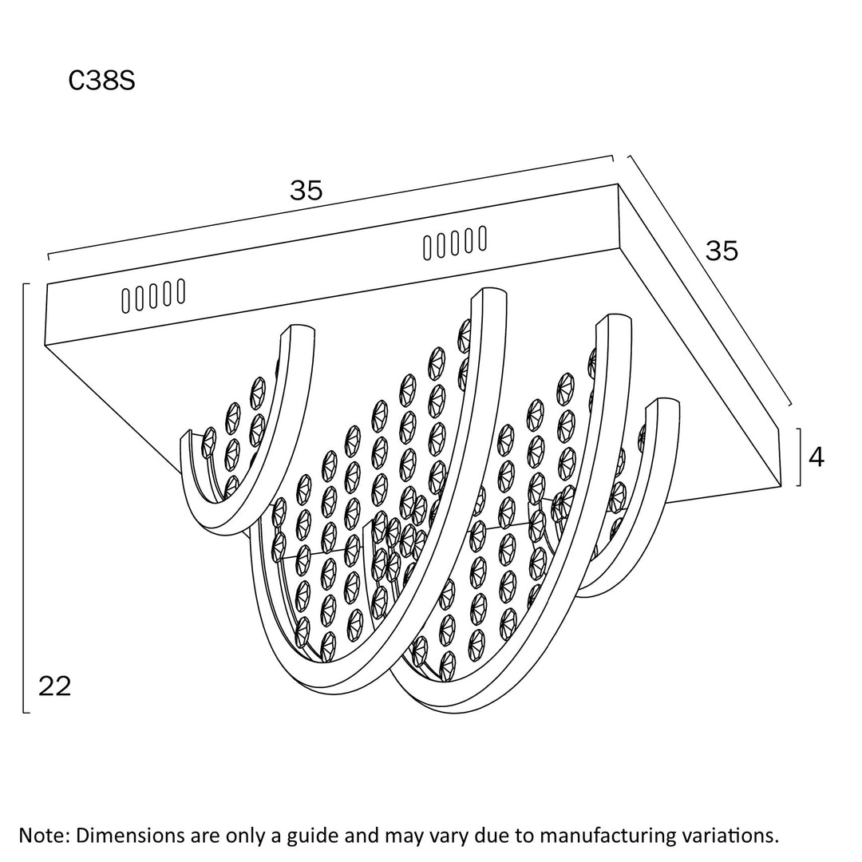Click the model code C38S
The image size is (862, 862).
pos(101,81)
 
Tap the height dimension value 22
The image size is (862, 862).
pos(55,686)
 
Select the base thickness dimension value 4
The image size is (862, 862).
pos(817,457)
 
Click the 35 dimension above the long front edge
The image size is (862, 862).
pos(306,191)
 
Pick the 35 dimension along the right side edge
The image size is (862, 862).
pos(722,251)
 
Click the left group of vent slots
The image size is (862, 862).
pos(153,295)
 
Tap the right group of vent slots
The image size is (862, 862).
pos(454,242)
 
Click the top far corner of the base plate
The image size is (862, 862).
pos(619,186)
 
